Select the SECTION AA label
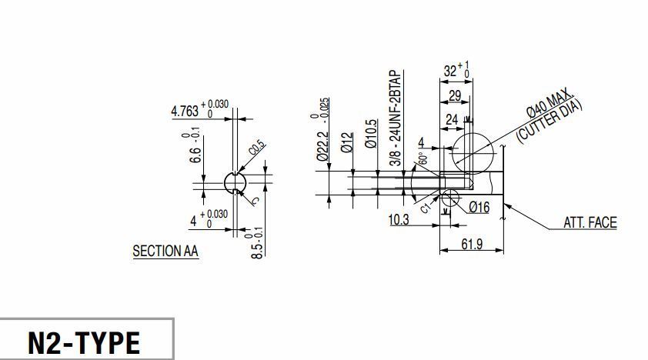click(165, 251)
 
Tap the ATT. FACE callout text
click(590, 223)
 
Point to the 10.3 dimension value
click(399, 220)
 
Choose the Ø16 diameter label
click(479, 206)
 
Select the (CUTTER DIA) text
click(549, 122)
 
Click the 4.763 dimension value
click(185, 112)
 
